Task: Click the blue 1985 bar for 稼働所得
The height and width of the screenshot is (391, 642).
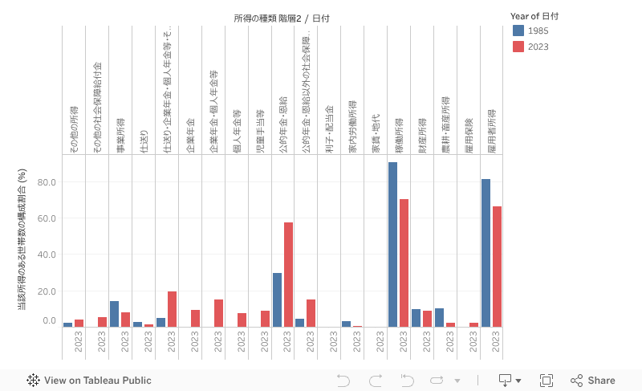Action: point(393,244)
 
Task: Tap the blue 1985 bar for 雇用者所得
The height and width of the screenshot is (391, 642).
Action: point(486,253)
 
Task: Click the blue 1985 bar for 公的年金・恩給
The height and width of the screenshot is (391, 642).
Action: point(277,299)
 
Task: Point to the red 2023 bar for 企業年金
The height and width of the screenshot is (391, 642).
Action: point(195,318)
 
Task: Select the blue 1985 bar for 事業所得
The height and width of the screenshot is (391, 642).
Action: point(115,314)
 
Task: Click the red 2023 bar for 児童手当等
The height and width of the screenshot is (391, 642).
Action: point(265,319)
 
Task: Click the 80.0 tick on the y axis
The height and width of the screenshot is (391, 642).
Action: point(47,182)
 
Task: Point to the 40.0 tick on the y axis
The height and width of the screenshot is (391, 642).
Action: point(47,255)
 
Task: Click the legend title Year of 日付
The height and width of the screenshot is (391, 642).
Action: point(545,16)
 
